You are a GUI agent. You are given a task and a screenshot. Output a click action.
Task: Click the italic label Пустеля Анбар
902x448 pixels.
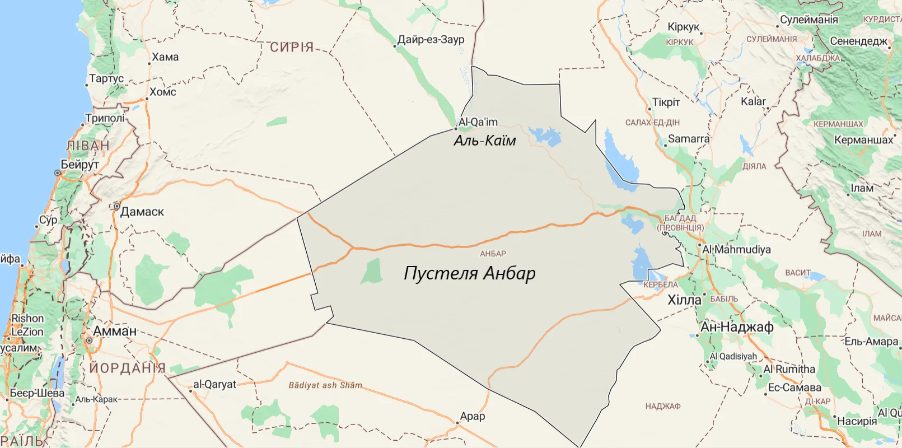(469, 273)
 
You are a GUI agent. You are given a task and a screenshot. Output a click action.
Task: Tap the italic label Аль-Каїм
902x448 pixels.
(485, 141)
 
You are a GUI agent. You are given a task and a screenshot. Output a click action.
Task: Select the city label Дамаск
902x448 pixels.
(142, 212)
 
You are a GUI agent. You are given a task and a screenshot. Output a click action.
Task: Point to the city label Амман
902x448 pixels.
(115, 331)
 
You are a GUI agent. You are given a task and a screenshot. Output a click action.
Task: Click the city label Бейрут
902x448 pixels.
(80, 165)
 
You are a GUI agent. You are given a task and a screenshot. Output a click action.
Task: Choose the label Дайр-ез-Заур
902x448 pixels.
(431, 40)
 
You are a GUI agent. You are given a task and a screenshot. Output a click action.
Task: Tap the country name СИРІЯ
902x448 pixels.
(292, 47)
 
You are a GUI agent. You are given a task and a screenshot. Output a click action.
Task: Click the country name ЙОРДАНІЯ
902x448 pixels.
(128, 368)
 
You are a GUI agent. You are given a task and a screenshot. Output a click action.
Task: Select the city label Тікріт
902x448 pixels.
(666, 102)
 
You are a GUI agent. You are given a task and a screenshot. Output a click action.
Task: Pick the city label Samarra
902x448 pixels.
(688, 139)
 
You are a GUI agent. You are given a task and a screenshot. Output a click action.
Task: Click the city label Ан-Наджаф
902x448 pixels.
(737, 327)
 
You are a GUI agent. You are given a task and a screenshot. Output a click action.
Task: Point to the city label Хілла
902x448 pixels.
(684, 300)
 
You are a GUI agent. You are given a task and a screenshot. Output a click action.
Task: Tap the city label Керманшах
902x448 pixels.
(863, 140)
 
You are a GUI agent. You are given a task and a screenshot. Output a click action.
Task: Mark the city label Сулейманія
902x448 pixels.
(809, 20)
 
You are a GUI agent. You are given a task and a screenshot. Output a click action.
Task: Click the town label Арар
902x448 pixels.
(473, 417)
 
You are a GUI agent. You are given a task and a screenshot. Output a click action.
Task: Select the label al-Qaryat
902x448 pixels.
(214, 385)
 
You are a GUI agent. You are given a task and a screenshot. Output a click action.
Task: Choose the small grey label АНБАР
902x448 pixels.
(493, 254)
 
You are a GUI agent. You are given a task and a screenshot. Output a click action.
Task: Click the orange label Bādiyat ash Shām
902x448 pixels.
(325, 385)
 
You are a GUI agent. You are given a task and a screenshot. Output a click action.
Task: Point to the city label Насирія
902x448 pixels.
(857, 421)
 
